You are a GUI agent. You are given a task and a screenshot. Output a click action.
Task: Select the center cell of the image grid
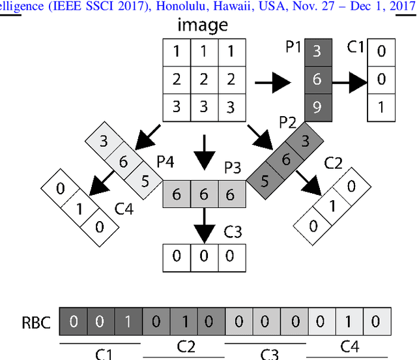click(204, 80)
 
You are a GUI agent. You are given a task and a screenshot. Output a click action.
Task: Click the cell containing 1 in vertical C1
click(381, 107)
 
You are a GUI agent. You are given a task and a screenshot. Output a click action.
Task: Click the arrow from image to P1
click(272, 83)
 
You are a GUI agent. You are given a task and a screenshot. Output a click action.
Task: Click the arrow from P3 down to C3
click(205, 224)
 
